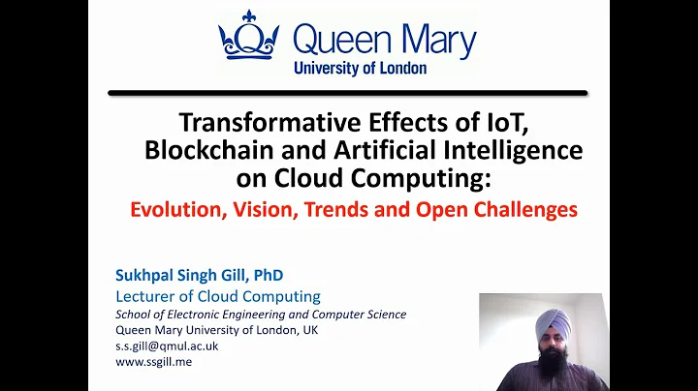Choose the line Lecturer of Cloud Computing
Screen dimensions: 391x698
pos(217,296)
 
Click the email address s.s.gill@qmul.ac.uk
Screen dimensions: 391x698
pos(167,346)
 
